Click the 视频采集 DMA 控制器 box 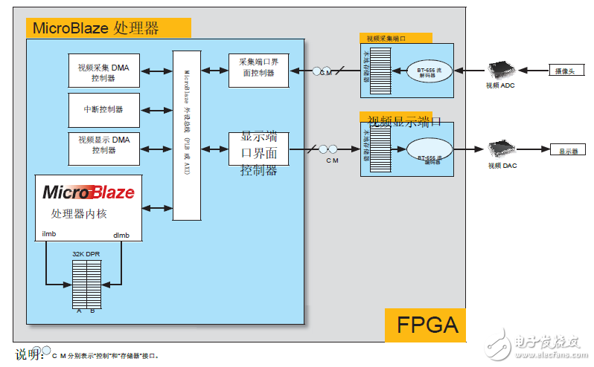click(x=103, y=71)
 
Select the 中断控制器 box click(x=103, y=109)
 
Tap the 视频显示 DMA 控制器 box click(x=103, y=144)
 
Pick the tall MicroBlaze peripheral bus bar click(x=187, y=134)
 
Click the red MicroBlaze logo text click(x=89, y=192)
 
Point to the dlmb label click(x=121, y=235)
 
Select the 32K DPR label click(x=86, y=253)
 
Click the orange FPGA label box click(x=425, y=325)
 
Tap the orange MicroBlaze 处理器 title click(x=109, y=28)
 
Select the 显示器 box click(x=568, y=150)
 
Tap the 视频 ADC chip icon click(x=500, y=71)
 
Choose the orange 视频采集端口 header click(x=396, y=37)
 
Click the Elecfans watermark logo click(x=538, y=342)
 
